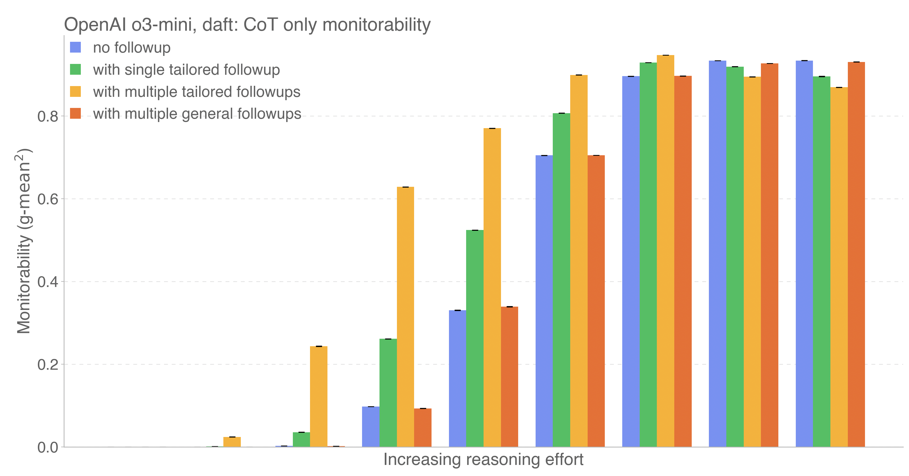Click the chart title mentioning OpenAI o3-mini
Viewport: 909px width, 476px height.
[247, 25]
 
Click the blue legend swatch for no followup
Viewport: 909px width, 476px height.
[76, 47]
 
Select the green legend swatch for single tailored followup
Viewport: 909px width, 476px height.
[76, 69]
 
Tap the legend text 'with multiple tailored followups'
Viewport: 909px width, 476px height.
[197, 92]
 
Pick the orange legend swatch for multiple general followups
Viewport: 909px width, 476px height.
[76, 114]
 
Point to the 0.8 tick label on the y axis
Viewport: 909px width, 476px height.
[48, 117]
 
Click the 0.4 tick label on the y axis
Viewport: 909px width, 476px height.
[48, 282]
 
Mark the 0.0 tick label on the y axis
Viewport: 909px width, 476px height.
[48, 447]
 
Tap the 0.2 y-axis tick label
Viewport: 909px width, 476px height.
[48, 364]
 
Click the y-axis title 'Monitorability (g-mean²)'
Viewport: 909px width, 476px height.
[24, 241]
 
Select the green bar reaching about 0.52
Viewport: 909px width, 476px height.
[475, 338]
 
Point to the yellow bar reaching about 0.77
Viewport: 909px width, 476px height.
[492, 288]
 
